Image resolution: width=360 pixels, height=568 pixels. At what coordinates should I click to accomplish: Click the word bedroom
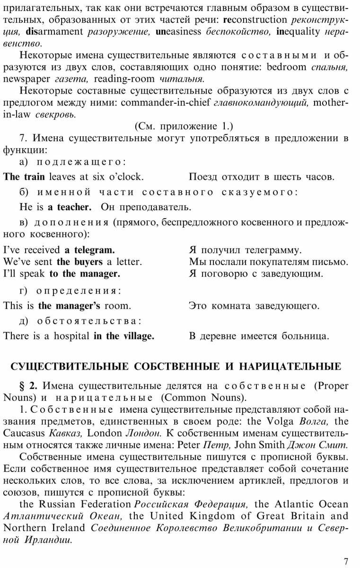[287, 67]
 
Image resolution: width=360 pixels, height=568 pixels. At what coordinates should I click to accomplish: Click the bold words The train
[24, 177]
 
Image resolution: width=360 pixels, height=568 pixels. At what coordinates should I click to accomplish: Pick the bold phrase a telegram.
[89, 249]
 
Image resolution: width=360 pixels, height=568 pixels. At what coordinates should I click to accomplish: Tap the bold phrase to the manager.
[85, 273]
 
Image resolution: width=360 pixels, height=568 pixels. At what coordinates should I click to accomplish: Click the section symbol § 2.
[26, 385]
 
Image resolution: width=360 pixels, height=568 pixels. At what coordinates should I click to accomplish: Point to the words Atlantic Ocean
[310, 504]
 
